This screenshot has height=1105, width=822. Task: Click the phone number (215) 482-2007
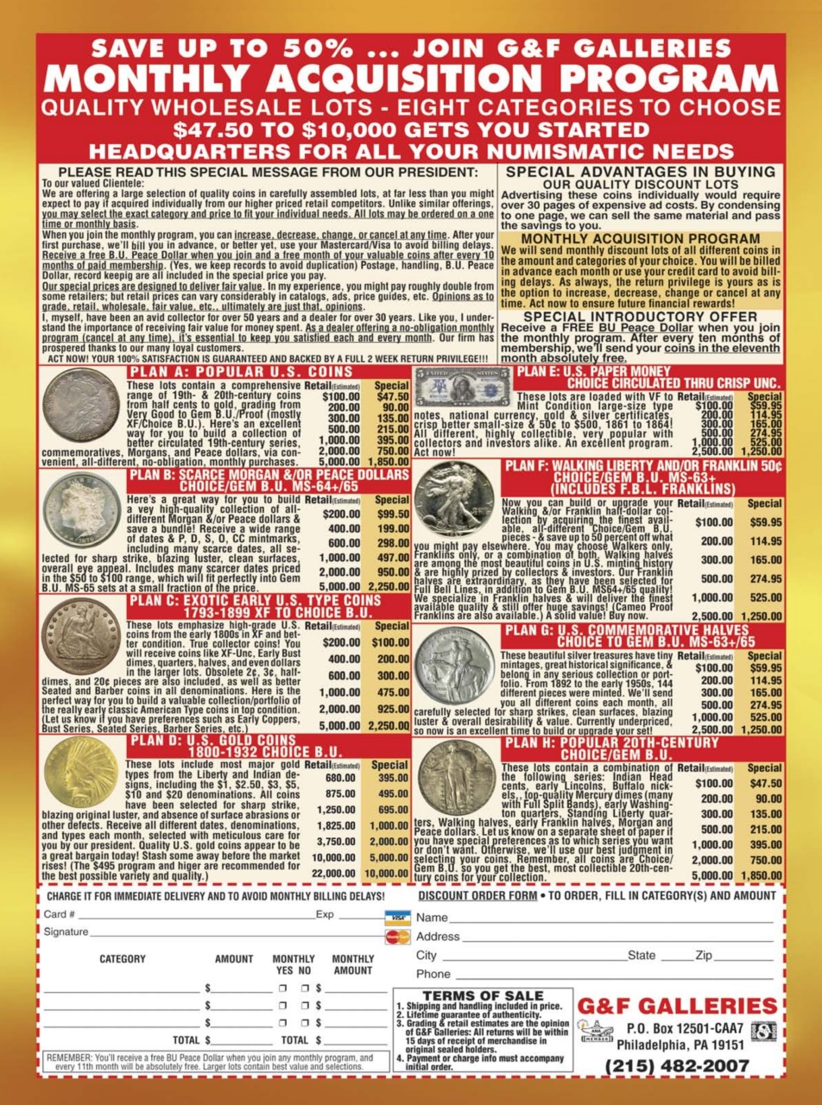point(677,1065)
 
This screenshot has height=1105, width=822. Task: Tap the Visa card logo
point(397,917)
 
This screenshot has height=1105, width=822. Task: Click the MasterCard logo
point(397,936)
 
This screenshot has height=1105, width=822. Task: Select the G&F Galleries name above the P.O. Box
point(677,1006)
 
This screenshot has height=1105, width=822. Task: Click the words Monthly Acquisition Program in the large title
point(410,79)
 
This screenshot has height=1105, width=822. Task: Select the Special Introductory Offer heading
point(640,318)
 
